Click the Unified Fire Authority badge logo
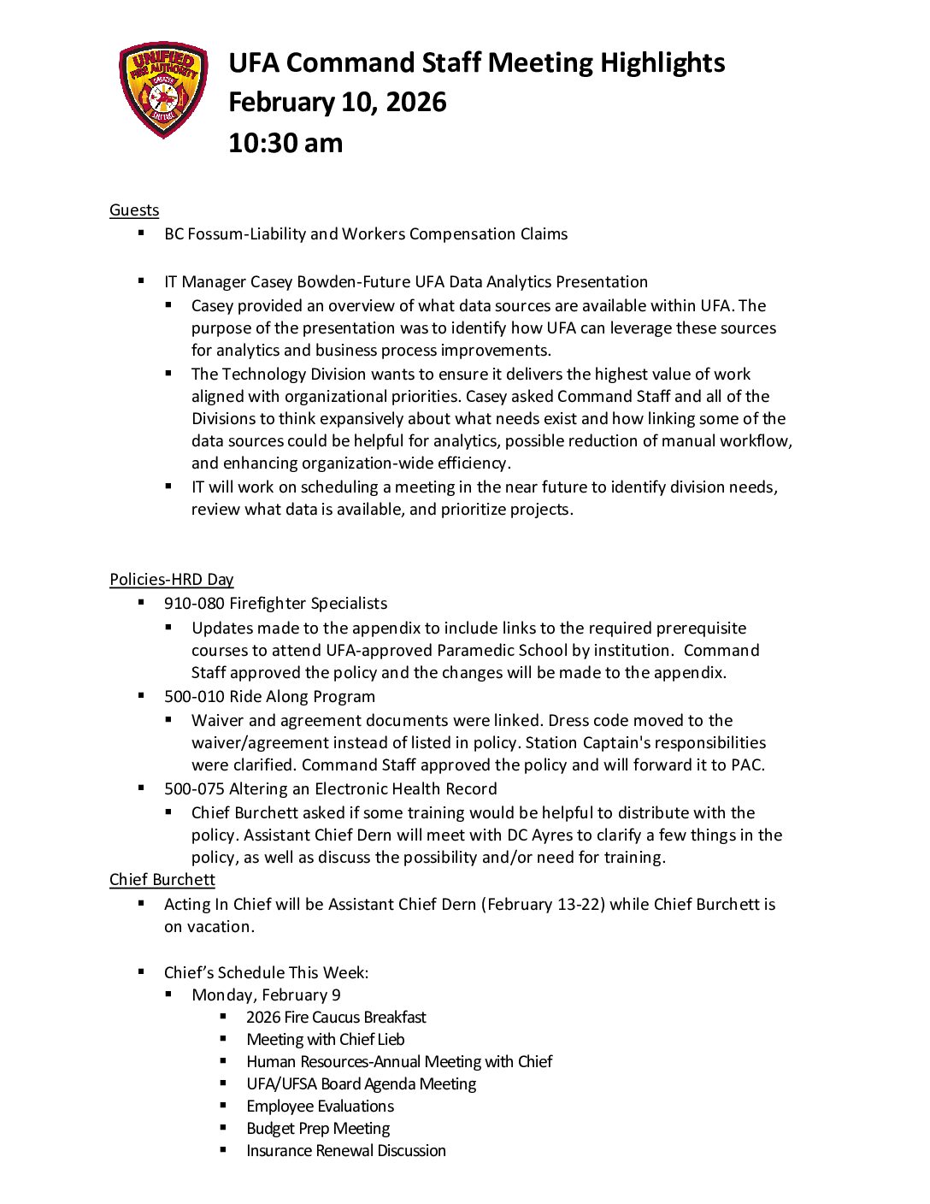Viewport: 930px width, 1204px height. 162,89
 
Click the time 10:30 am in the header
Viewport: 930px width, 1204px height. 285,143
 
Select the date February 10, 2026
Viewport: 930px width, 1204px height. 337,103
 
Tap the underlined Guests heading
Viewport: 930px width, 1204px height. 134,210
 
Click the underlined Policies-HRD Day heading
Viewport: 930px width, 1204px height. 171,580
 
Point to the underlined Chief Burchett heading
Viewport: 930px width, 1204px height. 162,880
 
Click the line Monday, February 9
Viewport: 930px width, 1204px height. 266,995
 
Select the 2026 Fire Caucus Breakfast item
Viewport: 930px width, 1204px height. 336,1018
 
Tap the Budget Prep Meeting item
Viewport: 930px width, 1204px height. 318,1129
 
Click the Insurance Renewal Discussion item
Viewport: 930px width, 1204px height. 346,1151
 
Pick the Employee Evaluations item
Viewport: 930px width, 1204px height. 320,1107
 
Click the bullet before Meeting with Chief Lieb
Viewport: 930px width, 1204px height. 223,1039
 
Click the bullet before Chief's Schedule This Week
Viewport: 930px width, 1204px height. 141,971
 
